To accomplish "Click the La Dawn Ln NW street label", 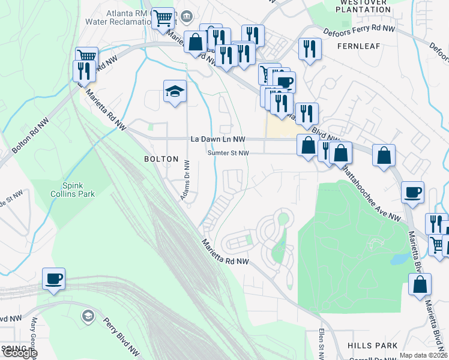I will click(218, 139).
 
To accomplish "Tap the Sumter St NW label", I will click(228, 153).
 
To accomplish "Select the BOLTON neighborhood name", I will click(161, 159).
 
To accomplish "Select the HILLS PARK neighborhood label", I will click(372, 346).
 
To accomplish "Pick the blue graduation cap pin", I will click(175, 92).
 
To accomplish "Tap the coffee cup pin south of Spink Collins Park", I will click(54, 279).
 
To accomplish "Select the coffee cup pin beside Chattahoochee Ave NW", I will click(412, 193).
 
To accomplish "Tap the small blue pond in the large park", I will click(397, 259).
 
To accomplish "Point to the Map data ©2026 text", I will click(424, 355).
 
